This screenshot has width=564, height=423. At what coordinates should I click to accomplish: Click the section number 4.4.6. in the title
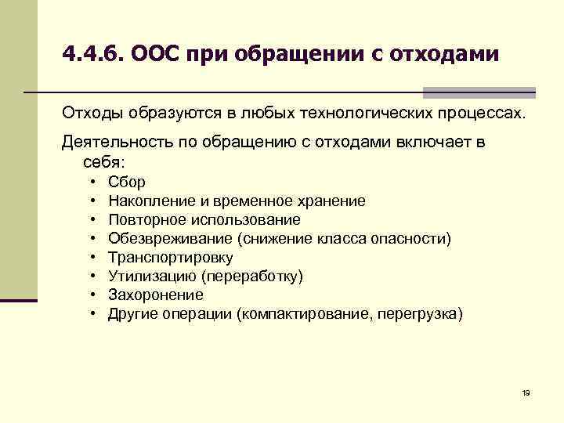(x=93, y=54)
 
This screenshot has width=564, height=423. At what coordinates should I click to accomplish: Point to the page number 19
(x=526, y=392)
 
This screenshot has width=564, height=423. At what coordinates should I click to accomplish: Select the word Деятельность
(x=112, y=143)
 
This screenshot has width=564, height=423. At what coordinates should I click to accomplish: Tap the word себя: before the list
(x=103, y=162)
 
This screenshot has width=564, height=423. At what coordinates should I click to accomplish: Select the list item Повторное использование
(x=204, y=220)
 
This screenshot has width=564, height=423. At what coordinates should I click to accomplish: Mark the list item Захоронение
(x=156, y=295)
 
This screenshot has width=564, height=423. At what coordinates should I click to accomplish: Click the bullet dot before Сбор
(x=92, y=183)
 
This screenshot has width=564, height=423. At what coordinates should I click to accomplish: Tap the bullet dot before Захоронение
(x=92, y=295)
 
